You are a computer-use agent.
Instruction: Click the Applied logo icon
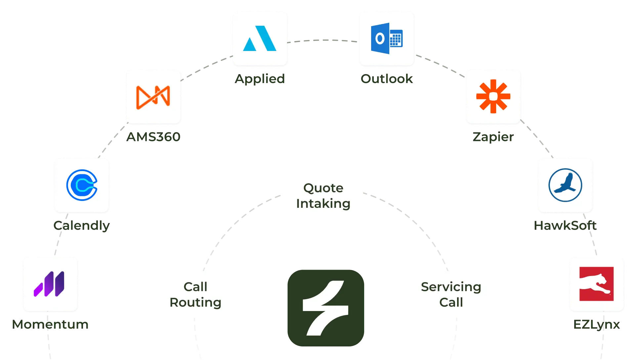tap(260, 38)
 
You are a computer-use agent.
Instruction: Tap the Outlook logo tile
tap(387, 38)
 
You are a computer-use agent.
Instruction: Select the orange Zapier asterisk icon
tap(493, 96)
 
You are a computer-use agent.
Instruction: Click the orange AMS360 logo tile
tap(153, 97)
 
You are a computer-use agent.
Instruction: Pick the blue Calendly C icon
tap(82, 185)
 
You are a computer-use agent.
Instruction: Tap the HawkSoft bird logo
tap(565, 185)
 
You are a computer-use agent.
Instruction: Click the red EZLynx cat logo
tap(596, 284)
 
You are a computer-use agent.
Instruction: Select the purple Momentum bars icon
tap(50, 284)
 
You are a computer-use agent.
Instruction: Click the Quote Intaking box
tap(324, 196)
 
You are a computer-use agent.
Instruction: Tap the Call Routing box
tap(194, 294)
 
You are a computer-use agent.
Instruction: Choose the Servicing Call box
tap(451, 294)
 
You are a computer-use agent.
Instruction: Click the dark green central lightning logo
tap(325, 307)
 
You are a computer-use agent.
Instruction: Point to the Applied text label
tap(260, 79)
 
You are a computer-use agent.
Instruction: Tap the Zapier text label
tap(493, 137)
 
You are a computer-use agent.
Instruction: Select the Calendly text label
tap(82, 226)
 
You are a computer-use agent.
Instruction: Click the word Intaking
tap(323, 203)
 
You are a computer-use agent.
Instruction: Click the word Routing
tap(195, 302)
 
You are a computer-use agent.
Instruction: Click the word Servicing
tap(451, 287)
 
